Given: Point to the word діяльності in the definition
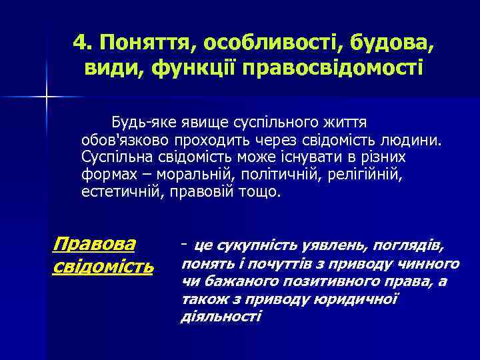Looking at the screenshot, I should coord(221,316).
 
